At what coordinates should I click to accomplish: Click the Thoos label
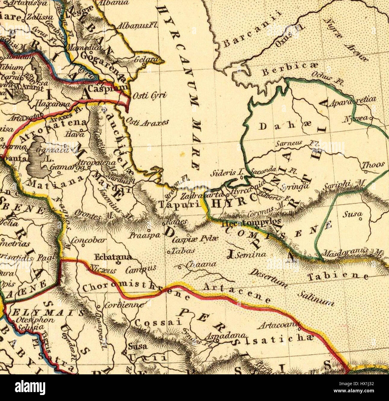point(373,165)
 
